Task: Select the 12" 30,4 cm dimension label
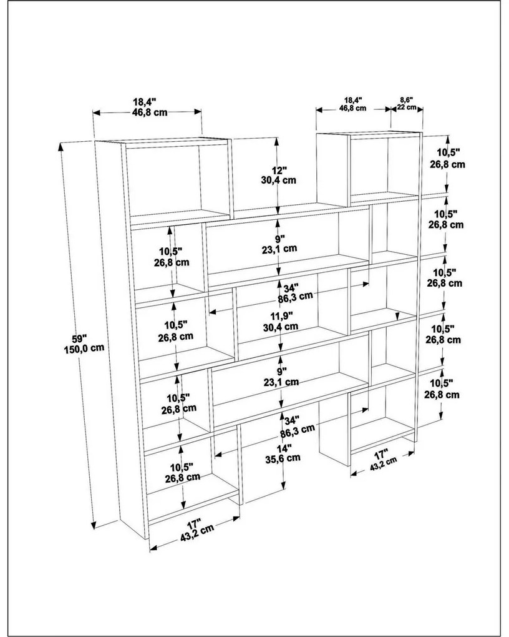point(279,175)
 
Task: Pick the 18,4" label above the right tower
point(352,103)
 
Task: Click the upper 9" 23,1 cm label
point(279,243)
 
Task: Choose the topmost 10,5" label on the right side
point(448,159)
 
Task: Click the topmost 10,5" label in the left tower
point(170,256)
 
